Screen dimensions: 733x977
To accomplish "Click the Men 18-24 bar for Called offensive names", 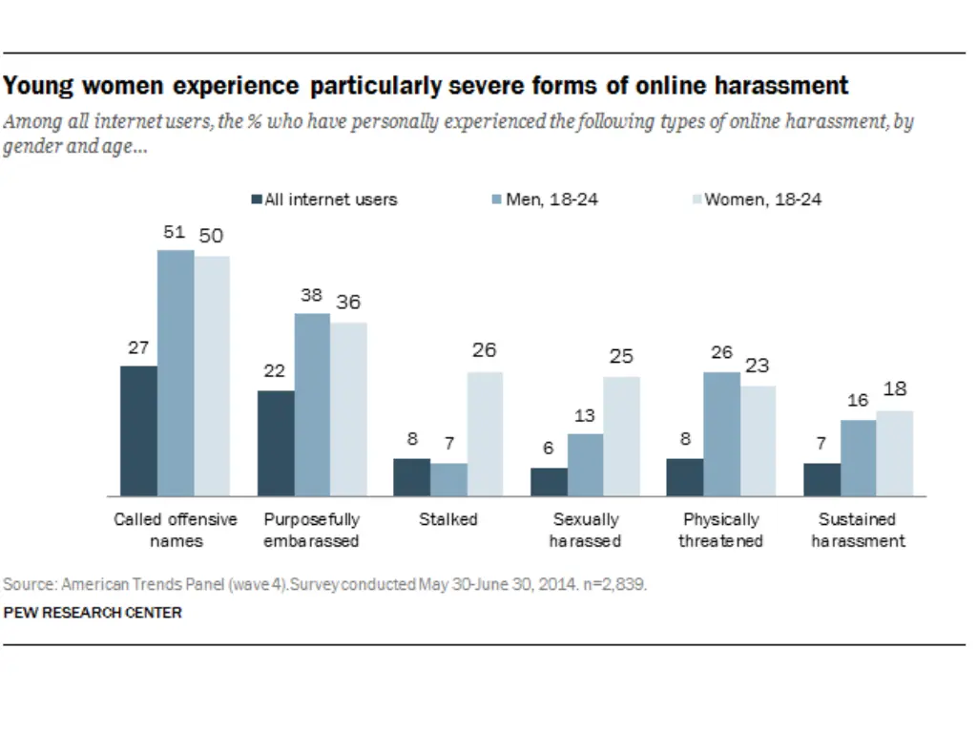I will (x=176, y=372).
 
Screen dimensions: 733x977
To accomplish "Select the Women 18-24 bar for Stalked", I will (x=485, y=433).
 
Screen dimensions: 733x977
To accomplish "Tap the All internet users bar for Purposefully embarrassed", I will (x=276, y=443).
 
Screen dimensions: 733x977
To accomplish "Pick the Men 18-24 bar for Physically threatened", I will (x=721, y=433).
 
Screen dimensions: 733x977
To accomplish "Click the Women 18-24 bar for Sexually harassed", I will (x=621, y=436).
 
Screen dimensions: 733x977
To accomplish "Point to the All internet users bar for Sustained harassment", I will (x=821, y=479).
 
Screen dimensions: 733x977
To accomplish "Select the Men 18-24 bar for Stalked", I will (x=448, y=479).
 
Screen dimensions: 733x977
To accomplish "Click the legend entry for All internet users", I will (x=324, y=199).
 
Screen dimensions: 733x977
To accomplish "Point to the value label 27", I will (x=138, y=348).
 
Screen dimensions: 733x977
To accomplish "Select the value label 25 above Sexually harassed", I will (x=621, y=357).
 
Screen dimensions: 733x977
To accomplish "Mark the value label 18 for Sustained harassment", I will (x=895, y=389).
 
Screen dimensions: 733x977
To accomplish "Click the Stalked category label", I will (x=448, y=520).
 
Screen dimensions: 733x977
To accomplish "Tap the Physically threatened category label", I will (x=721, y=531).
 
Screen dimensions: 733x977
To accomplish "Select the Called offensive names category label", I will (x=176, y=531).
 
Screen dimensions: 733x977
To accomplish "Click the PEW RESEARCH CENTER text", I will (x=93, y=613).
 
